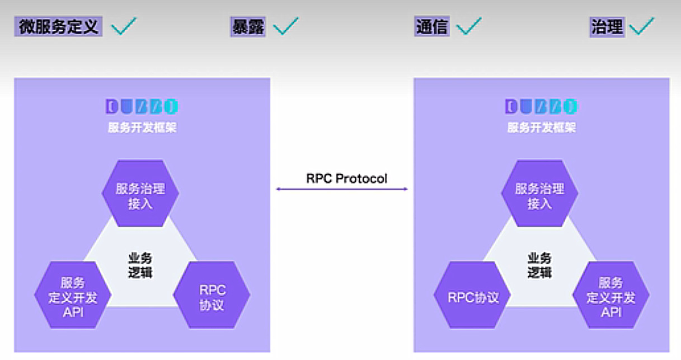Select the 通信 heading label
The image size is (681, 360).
click(x=432, y=26)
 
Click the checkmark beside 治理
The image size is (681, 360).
click(x=641, y=26)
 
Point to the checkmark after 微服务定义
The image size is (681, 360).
click(x=124, y=26)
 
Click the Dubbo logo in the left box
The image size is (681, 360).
click(x=142, y=106)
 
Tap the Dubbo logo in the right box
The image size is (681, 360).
click(x=541, y=106)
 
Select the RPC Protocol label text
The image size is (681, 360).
click(x=347, y=179)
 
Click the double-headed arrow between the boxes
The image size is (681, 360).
click(x=342, y=189)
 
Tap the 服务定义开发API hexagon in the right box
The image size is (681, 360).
click(x=610, y=297)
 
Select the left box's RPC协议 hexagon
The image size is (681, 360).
click(x=212, y=297)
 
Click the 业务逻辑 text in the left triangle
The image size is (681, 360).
click(x=140, y=265)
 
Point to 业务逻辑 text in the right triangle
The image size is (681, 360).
click(x=539, y=265)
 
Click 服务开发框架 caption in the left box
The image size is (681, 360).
click(x=142, y=128)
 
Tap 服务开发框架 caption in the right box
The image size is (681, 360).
click(x=541, y=128)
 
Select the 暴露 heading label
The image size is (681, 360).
click(x=248, y=26)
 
